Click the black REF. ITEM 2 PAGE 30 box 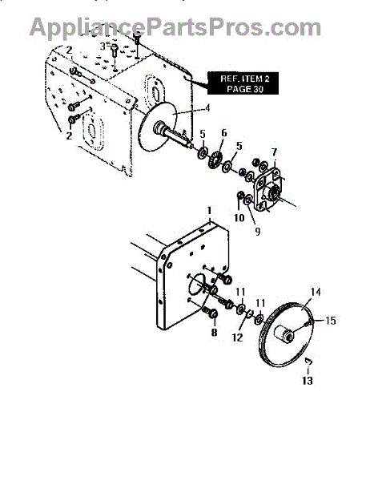coord(243,83)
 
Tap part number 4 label coord(208,107)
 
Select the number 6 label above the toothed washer coord(223,133)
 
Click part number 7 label coord(274,152)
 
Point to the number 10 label coord(239,217)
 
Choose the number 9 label coord(258,232)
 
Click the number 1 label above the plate coord(209,211)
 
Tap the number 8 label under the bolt coord(214,332)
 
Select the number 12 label coord(238,338)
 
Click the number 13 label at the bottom coord(308,381)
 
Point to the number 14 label coord(316,292)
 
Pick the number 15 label coord(331,321)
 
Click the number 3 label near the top coord(103,46)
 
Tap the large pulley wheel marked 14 coord(287,334)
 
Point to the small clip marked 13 coord(309,362)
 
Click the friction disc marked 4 coord(158,127)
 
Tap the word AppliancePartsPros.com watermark coord(175,27)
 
